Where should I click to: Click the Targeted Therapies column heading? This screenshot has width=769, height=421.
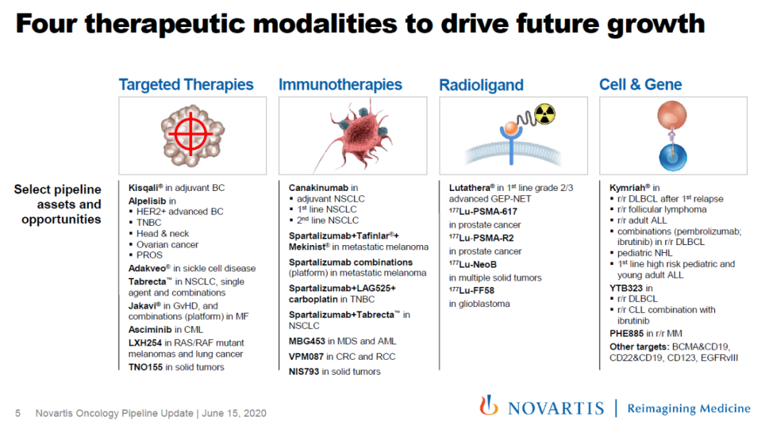pos(186,85)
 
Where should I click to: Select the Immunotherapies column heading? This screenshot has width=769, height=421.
pos(340,85)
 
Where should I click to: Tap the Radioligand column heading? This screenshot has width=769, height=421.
pos(481,85)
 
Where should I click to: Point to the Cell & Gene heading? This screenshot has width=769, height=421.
pos(641,84)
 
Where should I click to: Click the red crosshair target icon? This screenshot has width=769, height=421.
pos(191,133)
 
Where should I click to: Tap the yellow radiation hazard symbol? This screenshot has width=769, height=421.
pos(545,114)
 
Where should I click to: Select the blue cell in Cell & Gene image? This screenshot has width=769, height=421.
pos(672,157)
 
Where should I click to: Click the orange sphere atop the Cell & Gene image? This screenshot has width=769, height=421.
pos(672,115)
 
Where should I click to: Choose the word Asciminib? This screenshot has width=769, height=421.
pos(150,330)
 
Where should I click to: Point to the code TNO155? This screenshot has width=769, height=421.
pos(145,367)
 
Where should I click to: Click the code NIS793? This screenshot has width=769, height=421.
pos(304,371)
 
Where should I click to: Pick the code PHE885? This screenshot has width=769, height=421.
pos(627,333)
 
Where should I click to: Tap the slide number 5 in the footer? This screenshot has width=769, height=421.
pos(18,413)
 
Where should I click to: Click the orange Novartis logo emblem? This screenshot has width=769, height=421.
pos(488,405)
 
